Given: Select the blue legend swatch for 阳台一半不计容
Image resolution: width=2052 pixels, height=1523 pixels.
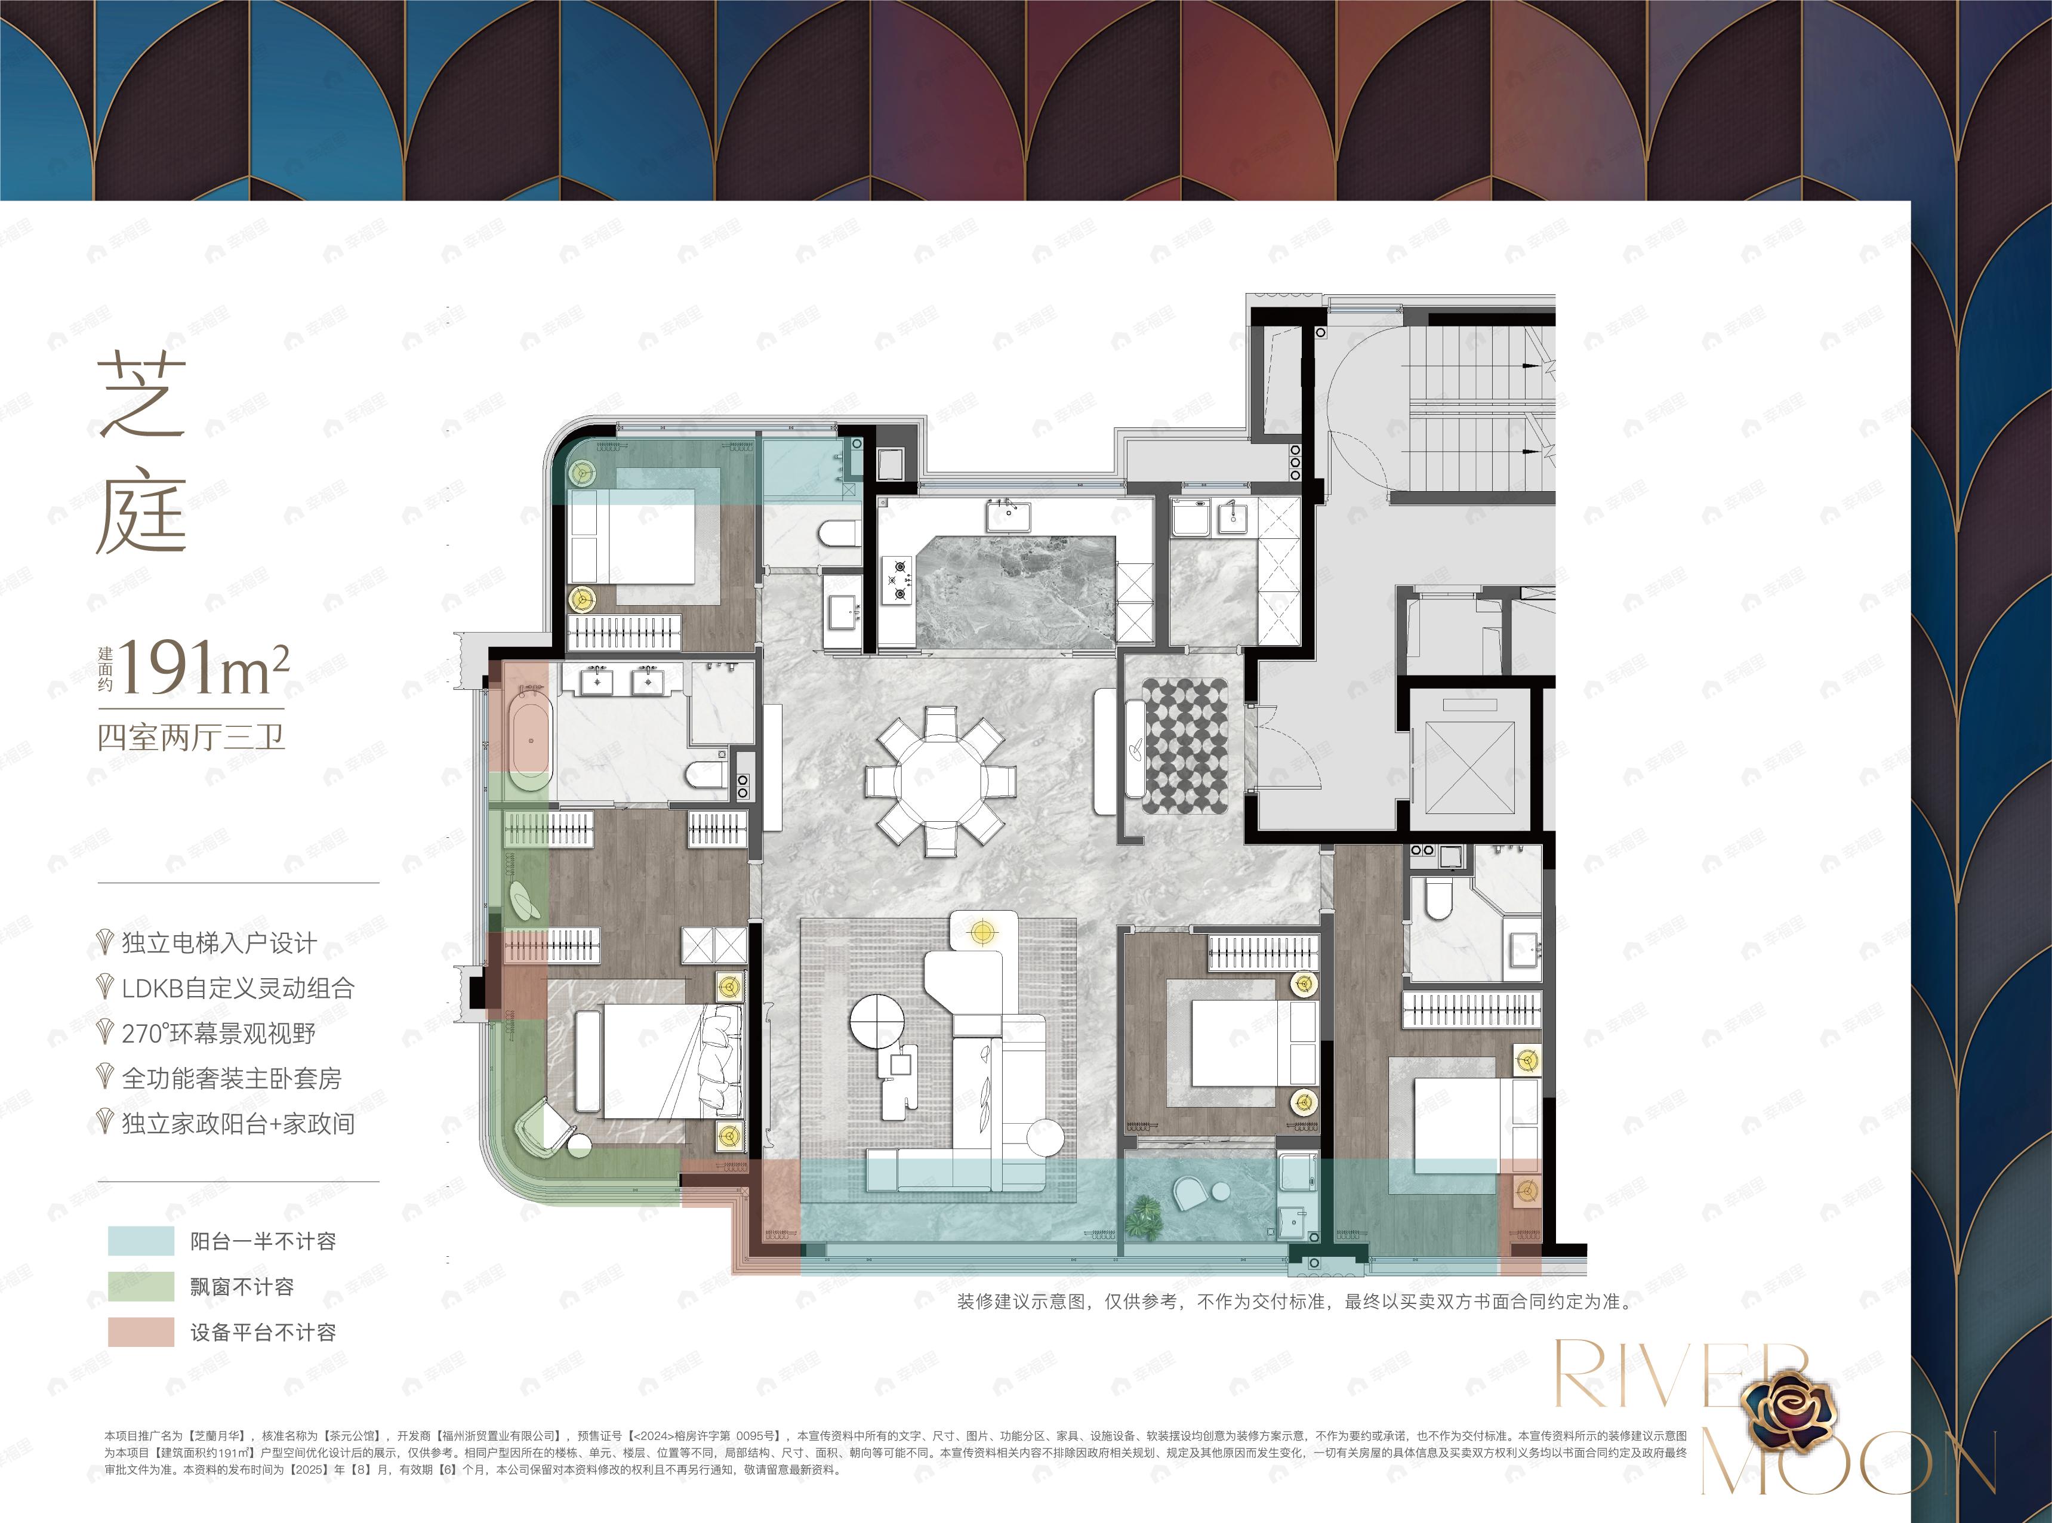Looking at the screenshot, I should [x=140, y=1241].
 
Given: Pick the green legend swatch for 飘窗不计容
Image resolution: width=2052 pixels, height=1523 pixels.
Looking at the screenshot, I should [x=140, y=1286].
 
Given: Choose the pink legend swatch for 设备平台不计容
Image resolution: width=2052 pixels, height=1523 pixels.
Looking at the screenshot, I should [x=140, y=1332].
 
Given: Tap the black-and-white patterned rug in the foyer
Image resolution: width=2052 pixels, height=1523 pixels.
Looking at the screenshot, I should [x=1185, y=746].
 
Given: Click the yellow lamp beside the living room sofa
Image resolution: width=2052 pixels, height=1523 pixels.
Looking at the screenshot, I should [x=982, y=933].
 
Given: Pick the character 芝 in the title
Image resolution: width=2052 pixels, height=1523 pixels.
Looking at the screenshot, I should [x=143, y=396].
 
